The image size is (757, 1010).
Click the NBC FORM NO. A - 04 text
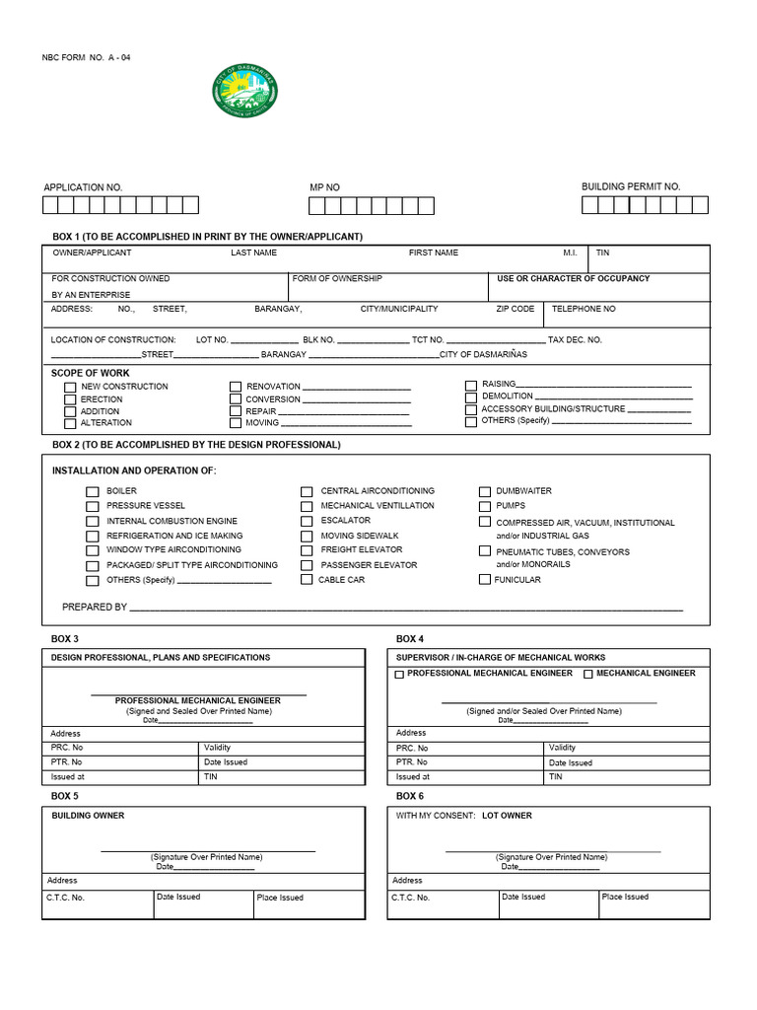click(86, 57)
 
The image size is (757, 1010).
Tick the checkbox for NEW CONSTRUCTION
click(70, 388)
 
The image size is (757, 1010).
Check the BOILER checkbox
click(93, 491)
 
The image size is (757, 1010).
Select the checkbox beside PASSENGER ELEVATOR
click(308, 565)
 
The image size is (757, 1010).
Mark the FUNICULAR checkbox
click(485, 579)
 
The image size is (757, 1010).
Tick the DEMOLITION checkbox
click(471, 397)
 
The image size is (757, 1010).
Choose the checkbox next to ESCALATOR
click(308, 521)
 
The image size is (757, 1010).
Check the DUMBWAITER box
click(485, 491)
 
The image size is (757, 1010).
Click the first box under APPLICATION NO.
click(50, 205)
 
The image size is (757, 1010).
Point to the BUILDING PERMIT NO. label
click(631, 186)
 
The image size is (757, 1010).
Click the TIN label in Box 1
click(602, 253)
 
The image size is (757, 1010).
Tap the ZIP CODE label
click(515, 309)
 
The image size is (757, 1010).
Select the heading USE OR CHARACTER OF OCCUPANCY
click(573, 279)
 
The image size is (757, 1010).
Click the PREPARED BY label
click(95, 608)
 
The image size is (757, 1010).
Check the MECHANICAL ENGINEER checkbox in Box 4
click(587, 675)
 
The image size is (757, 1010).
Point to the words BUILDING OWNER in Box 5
click(88, 816)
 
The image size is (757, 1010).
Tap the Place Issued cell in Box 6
click(625, 897)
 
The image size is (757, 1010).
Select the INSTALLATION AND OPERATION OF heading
click(134, 470)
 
